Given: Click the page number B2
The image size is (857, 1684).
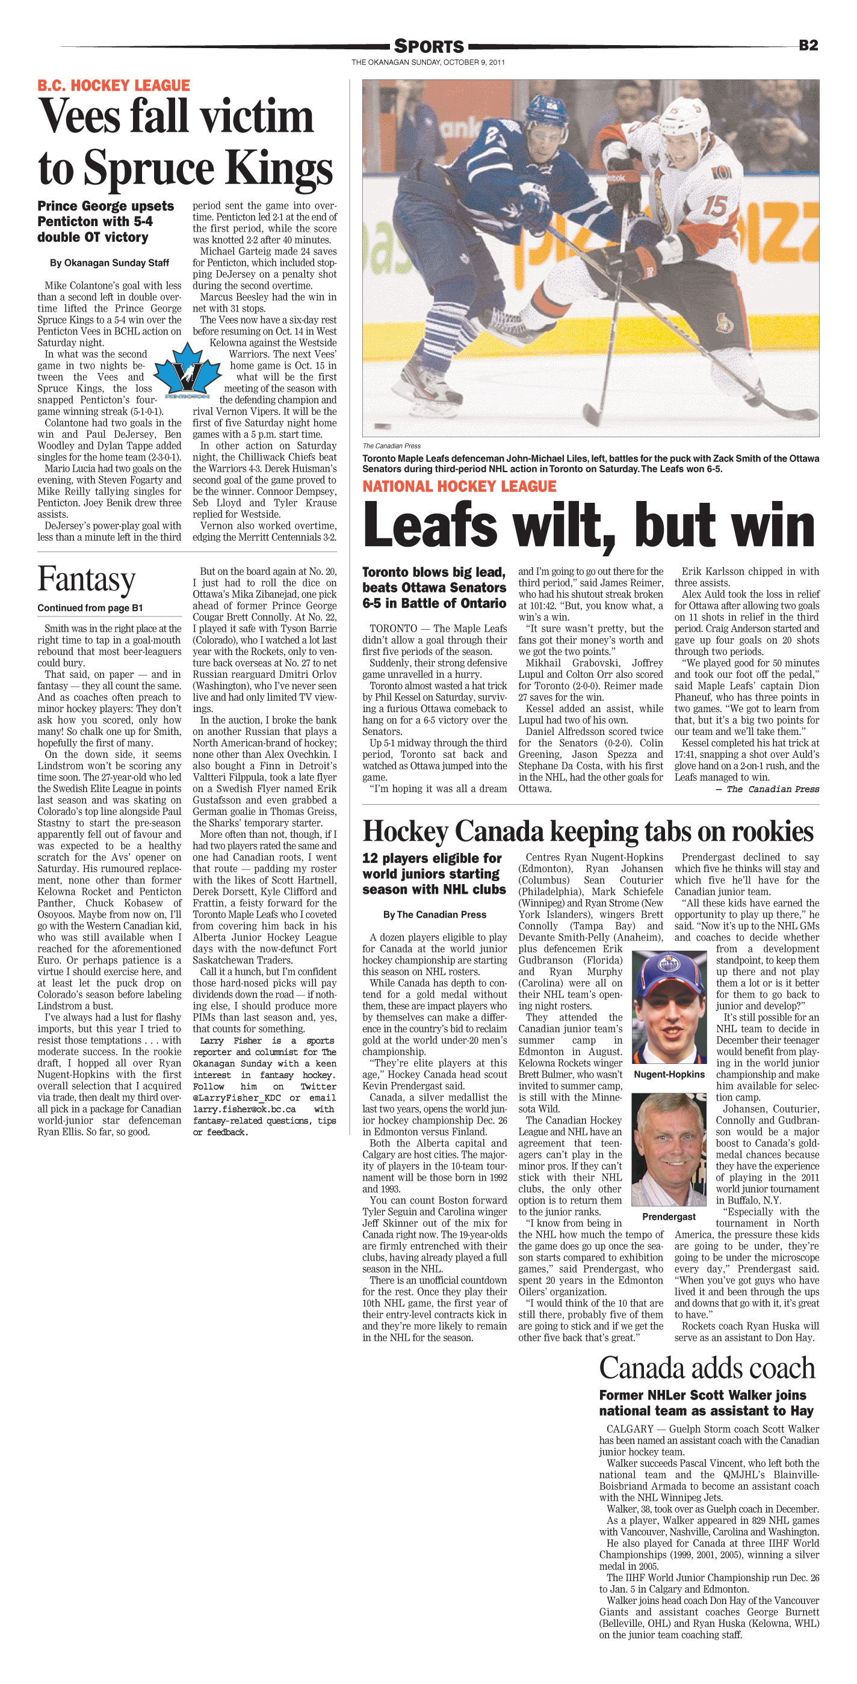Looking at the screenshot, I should [808, 45].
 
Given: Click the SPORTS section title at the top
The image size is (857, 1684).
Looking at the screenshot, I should [428, 46].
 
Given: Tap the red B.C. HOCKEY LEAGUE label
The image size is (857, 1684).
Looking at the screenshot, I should [113, 85].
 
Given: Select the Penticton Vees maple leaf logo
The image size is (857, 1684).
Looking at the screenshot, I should [187, 373].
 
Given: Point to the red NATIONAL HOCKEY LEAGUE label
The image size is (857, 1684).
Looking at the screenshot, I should [459, 487].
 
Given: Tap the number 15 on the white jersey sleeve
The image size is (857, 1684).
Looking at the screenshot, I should [714, 206].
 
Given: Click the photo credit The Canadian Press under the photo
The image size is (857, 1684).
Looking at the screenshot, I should [391, 446].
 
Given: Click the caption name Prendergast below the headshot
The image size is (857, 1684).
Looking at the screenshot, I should [669, 1217].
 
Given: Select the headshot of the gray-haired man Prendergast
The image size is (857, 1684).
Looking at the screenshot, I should [669, 1150].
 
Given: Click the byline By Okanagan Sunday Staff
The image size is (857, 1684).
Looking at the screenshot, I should [110, 263].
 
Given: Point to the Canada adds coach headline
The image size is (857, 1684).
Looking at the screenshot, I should [707, 1368].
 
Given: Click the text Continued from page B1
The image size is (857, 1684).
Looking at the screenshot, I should [90, 608].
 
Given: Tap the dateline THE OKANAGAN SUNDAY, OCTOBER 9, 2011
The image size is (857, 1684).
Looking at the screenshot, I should [428, 63].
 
